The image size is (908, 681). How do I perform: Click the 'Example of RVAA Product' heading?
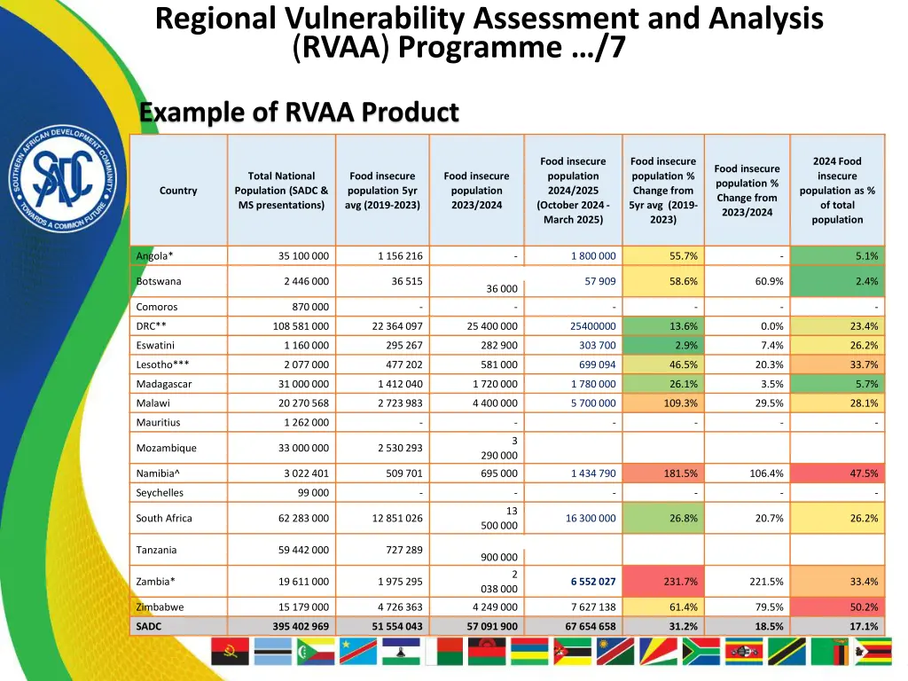pyautogui.click(x=299, y=113)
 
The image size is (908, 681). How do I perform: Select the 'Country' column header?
pyautogui.click(x=178, y=191)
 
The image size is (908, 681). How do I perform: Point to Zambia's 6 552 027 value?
pyautogui.click(x=593, y=582)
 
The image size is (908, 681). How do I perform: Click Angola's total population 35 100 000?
pyautogui.click(x=303, y=256)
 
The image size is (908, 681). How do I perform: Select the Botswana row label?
pyautogui.click(x=159, y=281)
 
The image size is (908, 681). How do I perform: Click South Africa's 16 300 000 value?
pyautogui.click(x=591, y=518)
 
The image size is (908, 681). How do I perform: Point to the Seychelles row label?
pyautogui.click(x=160, y=493)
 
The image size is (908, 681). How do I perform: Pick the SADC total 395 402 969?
pyautogui.click(x=301, y=626)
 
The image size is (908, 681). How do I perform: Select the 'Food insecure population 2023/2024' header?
pyautogui.click(x=476, y=191)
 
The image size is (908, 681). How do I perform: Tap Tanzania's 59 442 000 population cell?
pyautogui.click(x=303, y=550)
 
